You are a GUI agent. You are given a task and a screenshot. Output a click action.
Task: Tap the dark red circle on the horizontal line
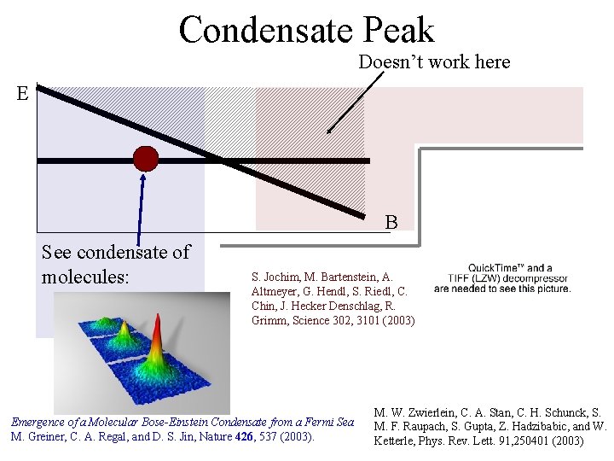[x=146, y=159]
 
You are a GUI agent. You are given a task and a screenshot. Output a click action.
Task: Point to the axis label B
[x=391, y=223]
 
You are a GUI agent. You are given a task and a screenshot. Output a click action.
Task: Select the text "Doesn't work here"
[x=434, y=62]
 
